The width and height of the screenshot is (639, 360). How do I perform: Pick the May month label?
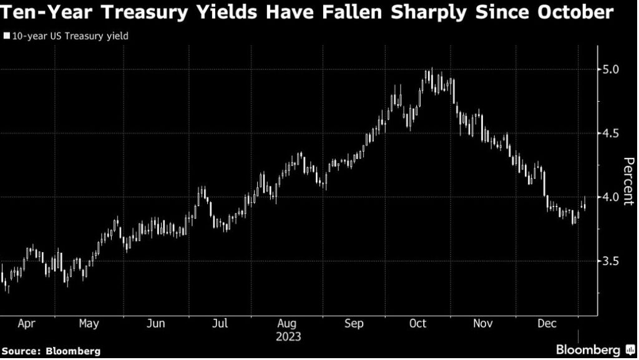89,324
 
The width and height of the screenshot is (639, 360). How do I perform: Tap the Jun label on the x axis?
155,324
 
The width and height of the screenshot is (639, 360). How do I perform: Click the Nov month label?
484,324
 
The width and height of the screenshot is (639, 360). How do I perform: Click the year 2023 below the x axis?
288,337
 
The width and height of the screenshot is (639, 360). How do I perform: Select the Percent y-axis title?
629,179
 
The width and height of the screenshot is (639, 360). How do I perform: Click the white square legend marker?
6,36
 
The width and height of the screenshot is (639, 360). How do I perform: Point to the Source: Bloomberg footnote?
51,351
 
